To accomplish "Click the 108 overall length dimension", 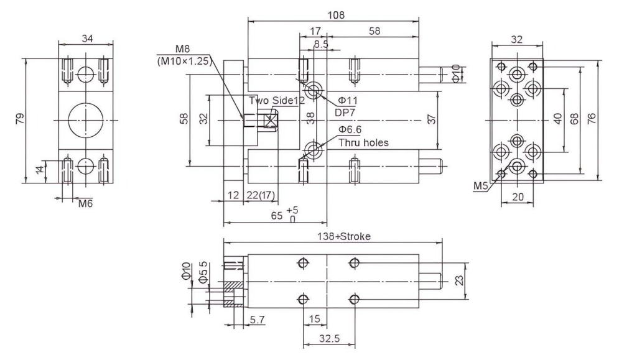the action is (x=336, y=15).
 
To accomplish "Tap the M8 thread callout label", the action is (x=182, y=50).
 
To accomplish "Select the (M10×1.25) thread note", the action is (x=184, y=62).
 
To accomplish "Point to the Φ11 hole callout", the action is (x=348, y=100).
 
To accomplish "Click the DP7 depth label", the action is (x=345, y=113).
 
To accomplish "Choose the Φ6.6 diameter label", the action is (x=350, y=130).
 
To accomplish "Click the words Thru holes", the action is (x=363, y=143).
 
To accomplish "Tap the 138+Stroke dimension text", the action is (x=344, y=236).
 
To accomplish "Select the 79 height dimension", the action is (x=19, y=119).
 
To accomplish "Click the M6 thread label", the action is (x=85, y=203).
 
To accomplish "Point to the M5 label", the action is (x=480, y=186).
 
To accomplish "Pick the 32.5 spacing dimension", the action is (x=329, y=338).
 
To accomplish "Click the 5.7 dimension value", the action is (x=257, y=320).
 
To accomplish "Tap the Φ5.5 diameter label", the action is (x=203, y=272).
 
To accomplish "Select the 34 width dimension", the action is (x=87, y=39).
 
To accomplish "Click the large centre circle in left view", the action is (x=86, y=120).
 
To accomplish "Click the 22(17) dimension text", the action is (x=261, y=195).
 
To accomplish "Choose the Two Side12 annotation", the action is (x=277, y=101).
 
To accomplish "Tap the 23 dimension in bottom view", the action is (x=459, y=280).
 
